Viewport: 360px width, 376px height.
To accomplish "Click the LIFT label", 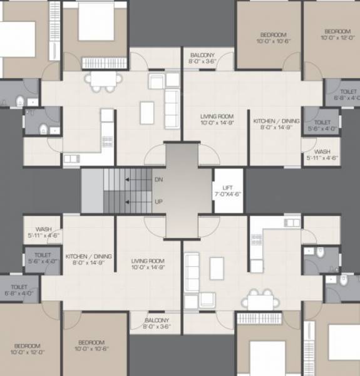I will click(228, 191).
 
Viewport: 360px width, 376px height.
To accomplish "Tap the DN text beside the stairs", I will click(158, 179).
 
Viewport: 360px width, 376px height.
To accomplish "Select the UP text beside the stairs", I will click(158, 202).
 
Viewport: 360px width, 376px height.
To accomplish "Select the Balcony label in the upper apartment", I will click(202, 58).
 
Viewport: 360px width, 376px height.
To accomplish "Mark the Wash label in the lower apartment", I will click(43, 232).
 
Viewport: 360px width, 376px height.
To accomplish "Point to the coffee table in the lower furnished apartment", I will click(217, 268).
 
